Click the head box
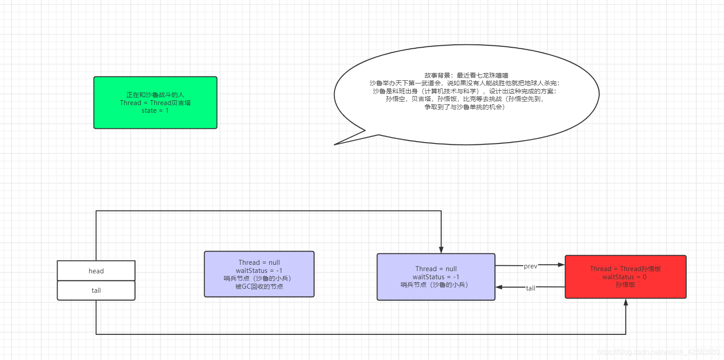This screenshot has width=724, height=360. (96, 271)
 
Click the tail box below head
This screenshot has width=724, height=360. (96, 291)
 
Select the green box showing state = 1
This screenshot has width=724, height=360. (155, 102)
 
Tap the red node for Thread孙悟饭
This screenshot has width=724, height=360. (625, 277)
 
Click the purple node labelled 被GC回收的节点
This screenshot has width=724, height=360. (259, 274)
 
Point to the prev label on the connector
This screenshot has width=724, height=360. (530, 266)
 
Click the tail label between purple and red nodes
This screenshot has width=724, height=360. (530, 288)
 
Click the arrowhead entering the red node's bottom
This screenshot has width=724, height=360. (626, 302)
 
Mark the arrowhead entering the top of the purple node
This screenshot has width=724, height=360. (441, 250)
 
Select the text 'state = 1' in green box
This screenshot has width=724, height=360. (155, 111)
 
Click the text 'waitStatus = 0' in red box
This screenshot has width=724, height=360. (624, 277)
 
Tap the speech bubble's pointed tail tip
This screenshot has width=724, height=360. (335, 144)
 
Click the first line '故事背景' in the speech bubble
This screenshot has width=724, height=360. (466, 75)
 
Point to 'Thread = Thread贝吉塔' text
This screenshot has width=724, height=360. (155, 103)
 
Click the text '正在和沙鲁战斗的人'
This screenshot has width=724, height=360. (155, 95)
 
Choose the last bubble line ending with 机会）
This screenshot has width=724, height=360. (465, 107)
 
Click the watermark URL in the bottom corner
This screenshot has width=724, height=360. (658, 352)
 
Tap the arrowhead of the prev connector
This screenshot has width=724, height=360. (562, 265)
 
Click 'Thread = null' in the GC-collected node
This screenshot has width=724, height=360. (259, 263)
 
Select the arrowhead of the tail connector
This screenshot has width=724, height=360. (499, 287)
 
